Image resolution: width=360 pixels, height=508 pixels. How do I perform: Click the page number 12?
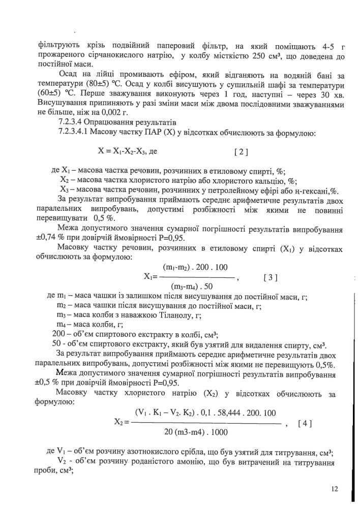click(x=334, y=489)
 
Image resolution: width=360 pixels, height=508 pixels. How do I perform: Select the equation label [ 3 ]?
click(x=271, y=278)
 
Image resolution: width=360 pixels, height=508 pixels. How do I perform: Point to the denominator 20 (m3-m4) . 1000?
click(x=196, y=432)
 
